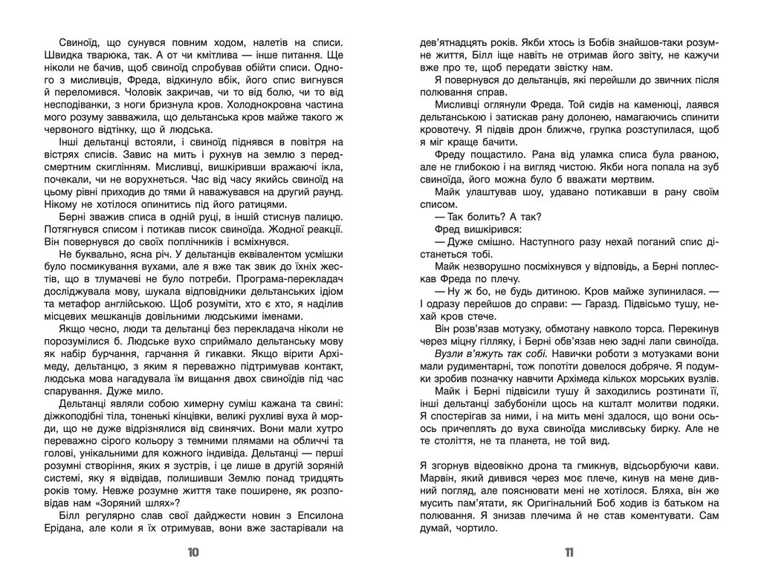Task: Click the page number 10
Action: pyautogui.click(x=193, y=552)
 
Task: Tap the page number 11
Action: pyautogui.click(x=569, y=552)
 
